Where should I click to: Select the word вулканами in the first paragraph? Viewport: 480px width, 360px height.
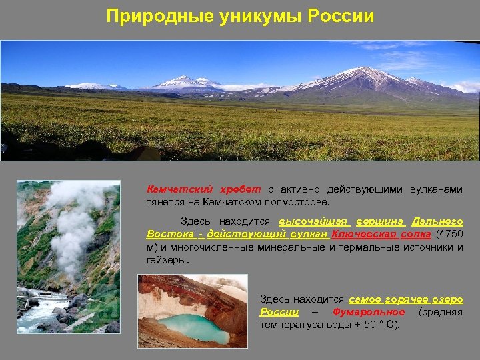click(x=437, y=189)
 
